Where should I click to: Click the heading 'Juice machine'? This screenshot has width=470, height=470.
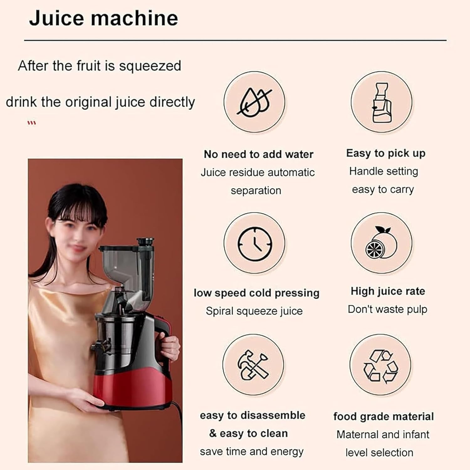coord(103,18)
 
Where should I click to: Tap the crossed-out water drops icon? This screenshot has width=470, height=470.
coord(254,102)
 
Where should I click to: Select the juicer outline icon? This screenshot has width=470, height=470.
coord(381,102)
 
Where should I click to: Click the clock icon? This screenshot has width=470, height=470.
coord(254,243)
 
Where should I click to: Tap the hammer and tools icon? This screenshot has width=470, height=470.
coord(253,365)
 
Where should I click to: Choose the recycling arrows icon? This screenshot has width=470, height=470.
coord(380,365)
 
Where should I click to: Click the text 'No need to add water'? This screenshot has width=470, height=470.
coord(258,154)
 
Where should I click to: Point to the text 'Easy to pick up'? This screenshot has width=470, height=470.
coord(386,153)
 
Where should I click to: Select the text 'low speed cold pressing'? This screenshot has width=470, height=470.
coord(256,293)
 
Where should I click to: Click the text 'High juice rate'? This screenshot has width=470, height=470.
coord(388,291)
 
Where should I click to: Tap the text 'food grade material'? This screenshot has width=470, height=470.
coord(383,416)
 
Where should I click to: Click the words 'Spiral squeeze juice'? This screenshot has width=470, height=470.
coord(254,311)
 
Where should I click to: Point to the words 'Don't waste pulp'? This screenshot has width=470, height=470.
coord(387,309)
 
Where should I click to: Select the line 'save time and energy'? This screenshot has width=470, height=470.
coord(252,452)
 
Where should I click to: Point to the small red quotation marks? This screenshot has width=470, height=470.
coord(32,123)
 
